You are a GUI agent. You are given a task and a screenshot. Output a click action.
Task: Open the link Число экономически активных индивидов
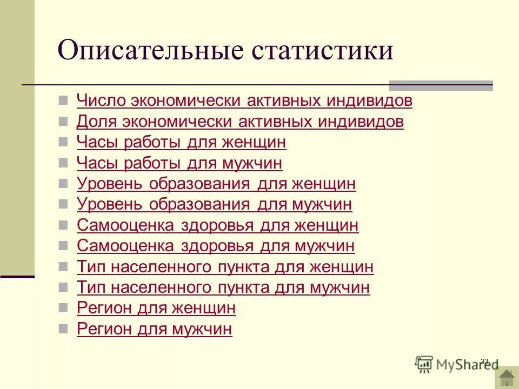pyautogui.click(x=244, y=100)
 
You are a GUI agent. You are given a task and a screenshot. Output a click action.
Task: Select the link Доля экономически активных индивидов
pyautogui.click(x=240, y=122)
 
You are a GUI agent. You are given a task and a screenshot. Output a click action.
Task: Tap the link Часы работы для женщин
pyautogui.click(x=181, y=142)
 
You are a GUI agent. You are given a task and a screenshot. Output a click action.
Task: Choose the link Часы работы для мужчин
pyautogui.click(x=179, y=163)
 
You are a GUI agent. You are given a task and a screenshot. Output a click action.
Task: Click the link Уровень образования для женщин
pyautogui.click(x=216, y=184)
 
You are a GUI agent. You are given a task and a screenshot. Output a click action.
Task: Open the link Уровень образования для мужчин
pyautogui.click(x=214, y=204)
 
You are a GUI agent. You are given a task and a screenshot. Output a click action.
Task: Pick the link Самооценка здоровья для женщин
pyautogui.click(x=217, y=225)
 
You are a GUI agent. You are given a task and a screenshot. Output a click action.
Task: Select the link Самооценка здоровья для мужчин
pyautogui.click(x=216, y=246)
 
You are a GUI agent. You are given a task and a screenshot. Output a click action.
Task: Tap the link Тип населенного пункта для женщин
pyautogui.click(x=225, y=267)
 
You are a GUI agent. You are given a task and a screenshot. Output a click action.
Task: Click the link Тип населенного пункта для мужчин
pyautogui.click(x=223, y=287)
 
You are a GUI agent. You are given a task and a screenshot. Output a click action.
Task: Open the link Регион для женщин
pyautogui.click(x=156, y=308)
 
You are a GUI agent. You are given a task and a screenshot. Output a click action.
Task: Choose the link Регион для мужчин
pyautogui.click(x=154, y=329)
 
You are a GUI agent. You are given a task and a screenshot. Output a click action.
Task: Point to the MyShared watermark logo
pyautogui.click(x=457, y=364)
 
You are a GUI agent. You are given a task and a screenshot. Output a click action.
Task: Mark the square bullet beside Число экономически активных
pyautogui.click(x=64, y=100)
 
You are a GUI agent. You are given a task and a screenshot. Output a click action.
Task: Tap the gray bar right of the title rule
pyautogui.click(x=441, y=85)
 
